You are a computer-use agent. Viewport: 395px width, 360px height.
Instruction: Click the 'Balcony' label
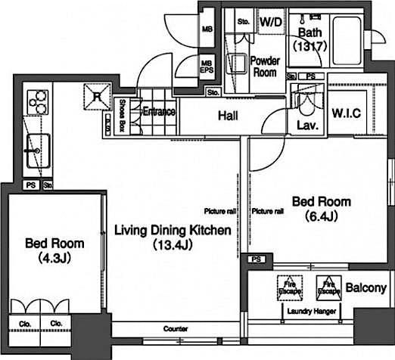tap(366, 287)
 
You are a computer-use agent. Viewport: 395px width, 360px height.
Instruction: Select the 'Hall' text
tap(229, 116)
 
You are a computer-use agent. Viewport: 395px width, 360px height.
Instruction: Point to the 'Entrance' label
tap(159, 112)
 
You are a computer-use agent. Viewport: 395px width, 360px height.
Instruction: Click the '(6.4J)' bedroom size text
tap(321, 216)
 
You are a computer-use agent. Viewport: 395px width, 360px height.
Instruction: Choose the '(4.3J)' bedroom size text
tap(53, 257)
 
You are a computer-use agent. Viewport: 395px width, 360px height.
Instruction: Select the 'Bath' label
tap(310, 33)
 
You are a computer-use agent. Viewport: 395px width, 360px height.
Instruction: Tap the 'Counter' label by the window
tap(176, 329)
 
